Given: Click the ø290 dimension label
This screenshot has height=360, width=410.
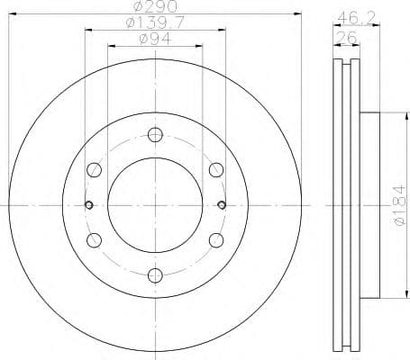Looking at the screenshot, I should (153, 7).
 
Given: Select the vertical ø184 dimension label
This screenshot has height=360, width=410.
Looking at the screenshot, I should (399, 205).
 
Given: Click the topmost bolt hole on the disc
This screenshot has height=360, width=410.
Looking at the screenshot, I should (154, 136).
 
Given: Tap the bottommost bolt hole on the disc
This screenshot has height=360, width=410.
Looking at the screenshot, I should (154, 274).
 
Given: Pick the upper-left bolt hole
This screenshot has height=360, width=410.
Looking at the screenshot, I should (94, 170).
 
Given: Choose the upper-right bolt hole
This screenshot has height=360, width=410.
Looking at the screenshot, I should (214, 170).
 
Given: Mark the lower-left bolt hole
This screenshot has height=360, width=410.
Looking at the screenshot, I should (94, 239).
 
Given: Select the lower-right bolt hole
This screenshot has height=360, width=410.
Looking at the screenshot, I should (214, 239).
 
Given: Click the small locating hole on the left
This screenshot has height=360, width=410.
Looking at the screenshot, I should (87, 204).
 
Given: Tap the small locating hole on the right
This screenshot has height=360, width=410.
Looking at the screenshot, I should (221, 204).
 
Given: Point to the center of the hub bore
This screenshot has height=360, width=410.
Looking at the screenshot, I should (154, 204).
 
